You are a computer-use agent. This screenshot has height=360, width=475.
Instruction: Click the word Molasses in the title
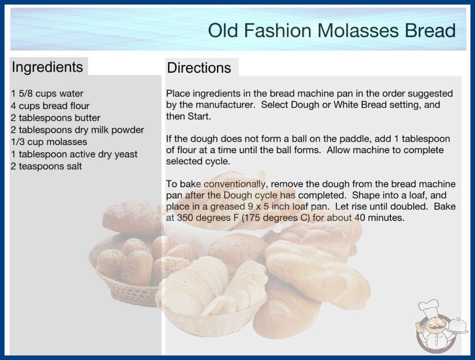358,30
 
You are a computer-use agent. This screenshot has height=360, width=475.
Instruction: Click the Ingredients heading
47,67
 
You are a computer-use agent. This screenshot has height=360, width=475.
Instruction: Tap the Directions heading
199,68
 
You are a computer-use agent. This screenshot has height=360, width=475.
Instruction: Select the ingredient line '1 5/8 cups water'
47,94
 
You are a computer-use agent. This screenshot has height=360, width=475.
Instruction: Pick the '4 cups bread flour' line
50,105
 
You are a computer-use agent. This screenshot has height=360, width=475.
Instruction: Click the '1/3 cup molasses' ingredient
49,142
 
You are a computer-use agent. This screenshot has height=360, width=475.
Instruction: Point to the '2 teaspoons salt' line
46,166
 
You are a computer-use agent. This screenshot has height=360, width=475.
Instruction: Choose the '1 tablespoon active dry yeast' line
74,154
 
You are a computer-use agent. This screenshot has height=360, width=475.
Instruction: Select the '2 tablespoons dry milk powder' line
77,130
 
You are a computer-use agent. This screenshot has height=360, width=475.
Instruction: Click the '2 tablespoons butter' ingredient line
55,118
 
